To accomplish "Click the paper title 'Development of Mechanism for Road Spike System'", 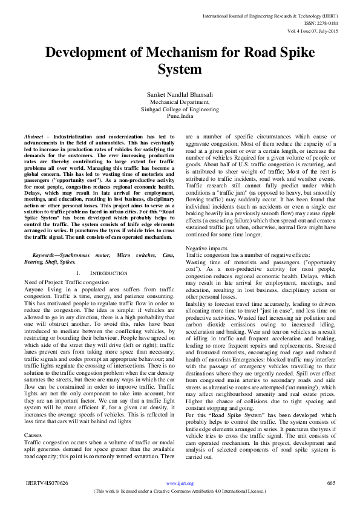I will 180,60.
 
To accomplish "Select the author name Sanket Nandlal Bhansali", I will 180,95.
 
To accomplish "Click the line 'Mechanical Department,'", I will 180,103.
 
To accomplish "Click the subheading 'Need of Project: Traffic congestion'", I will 62,282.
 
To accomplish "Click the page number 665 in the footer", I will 330,483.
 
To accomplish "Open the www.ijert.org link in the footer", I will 180,484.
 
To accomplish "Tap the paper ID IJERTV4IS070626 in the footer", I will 47,483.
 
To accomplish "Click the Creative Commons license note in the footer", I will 180,491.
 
